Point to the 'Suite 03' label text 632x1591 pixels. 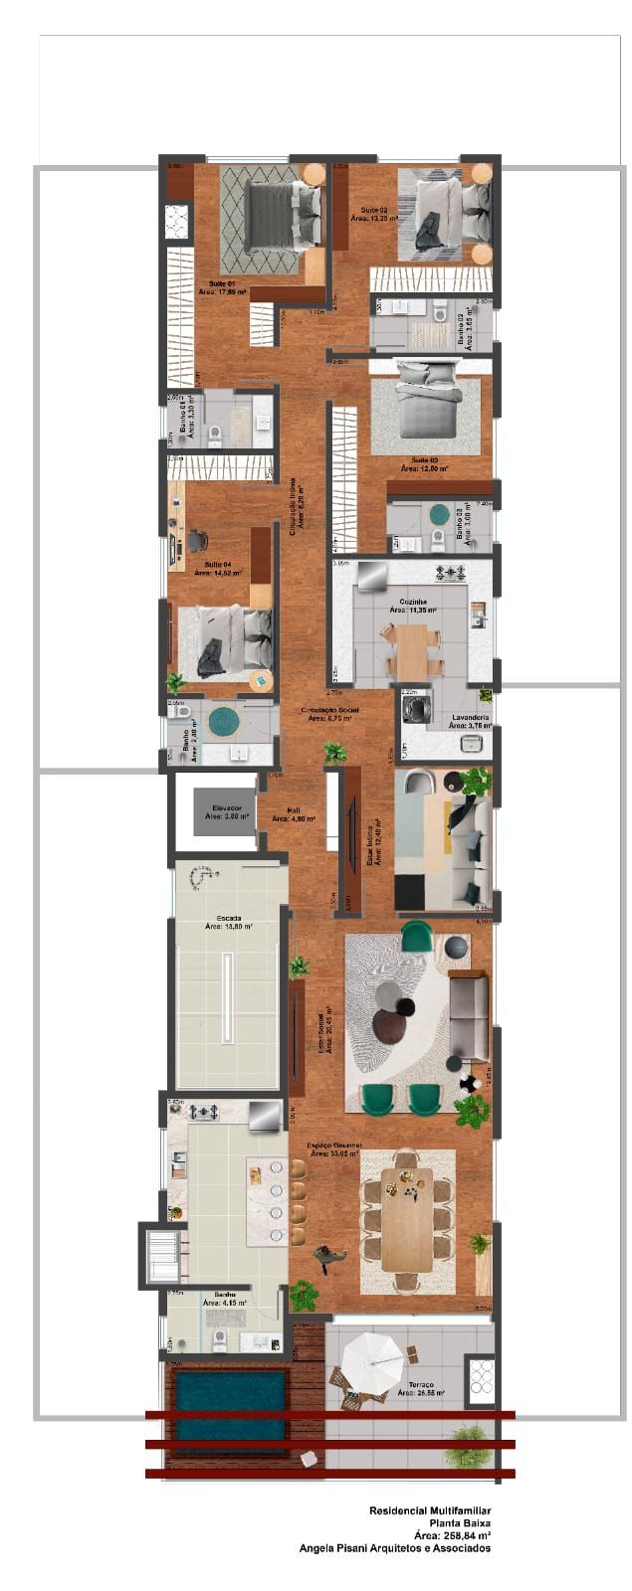(x=425, y=460)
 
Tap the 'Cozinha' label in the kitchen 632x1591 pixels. (x=413, y=602)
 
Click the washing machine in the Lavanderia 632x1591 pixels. (x=413, y=708)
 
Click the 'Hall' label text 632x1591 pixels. (x=294, y=809)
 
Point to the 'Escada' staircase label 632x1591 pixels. (x=226, y=919)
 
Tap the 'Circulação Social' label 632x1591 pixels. (x=332, y=710)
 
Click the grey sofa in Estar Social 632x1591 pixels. (x=469, y=1017)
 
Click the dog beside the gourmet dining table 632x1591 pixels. (x=325, y=1259)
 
